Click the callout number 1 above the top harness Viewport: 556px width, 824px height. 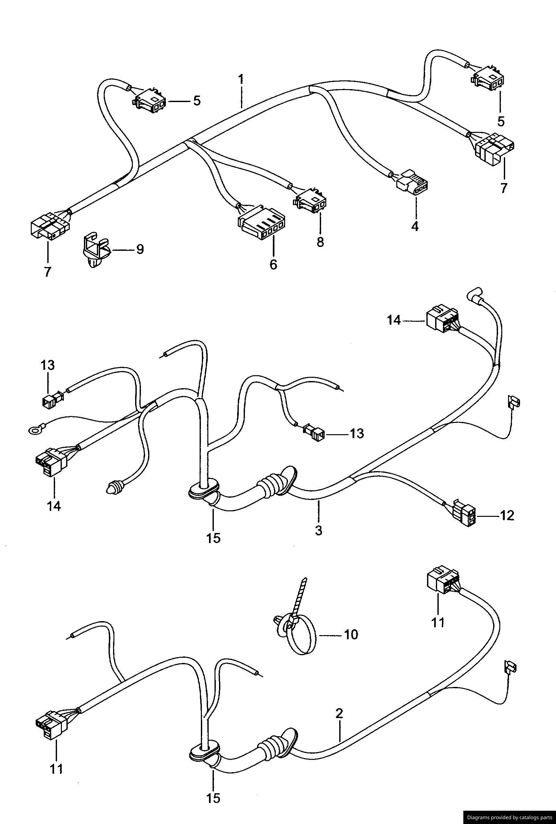241,79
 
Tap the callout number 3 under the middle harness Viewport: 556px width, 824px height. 319,530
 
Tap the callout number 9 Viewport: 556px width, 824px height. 140,250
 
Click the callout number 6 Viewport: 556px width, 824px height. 273,264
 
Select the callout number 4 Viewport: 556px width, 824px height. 414,226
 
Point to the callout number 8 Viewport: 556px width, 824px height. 320,242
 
